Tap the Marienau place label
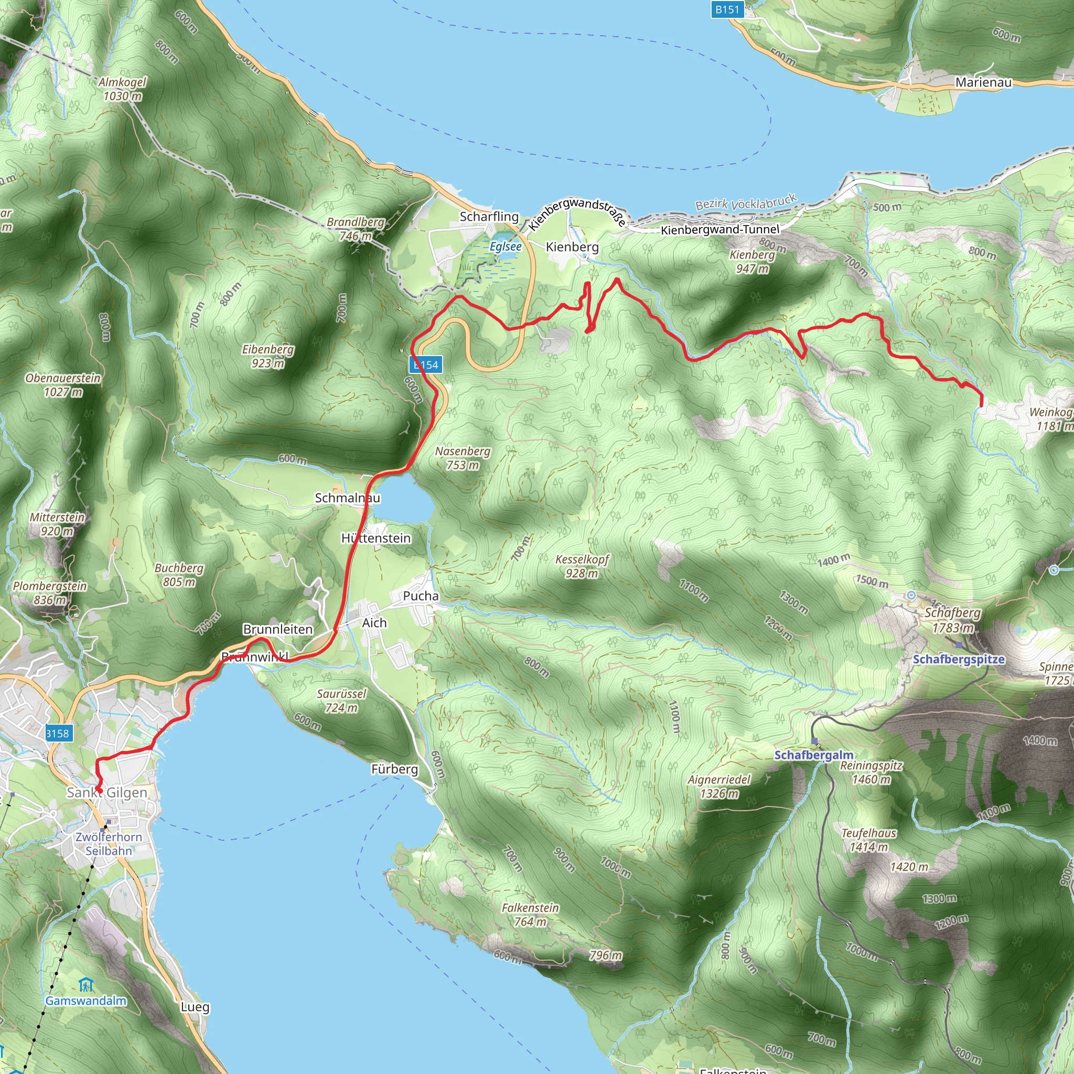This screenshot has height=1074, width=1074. click(x=983, y=82)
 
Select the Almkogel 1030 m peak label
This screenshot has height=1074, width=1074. click(x=122, y=89)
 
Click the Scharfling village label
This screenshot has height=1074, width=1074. click(x=489, y=216)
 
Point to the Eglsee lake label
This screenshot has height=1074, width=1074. click(x=506, y=246)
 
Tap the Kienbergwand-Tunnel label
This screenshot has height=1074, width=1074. click(x=720, y=229)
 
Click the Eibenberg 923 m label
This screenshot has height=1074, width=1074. click(x=268, y=356)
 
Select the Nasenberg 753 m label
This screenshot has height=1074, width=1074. click(x=463, y=457)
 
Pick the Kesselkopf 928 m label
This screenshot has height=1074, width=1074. click(x=582, y=566)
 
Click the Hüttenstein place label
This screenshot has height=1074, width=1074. click(x=376, y=538)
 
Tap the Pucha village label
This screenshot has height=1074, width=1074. click(x=421, y=596)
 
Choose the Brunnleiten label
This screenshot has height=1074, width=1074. click(x=278, y=629)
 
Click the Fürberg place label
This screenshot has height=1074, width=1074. click(x=395, y=769)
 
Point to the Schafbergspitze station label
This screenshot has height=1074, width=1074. click(x=959, y=659)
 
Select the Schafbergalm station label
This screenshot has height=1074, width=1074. click(x=814, y=755)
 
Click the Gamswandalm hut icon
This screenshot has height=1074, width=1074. click(x=85, y=985)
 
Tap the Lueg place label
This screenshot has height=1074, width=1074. click(x=195, y=1007)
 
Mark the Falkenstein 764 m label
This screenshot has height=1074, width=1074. click(x=530, y=915)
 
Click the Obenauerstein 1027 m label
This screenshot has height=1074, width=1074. click(x=63, y=385)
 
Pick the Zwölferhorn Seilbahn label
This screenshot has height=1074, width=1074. click(x=109, y=844)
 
